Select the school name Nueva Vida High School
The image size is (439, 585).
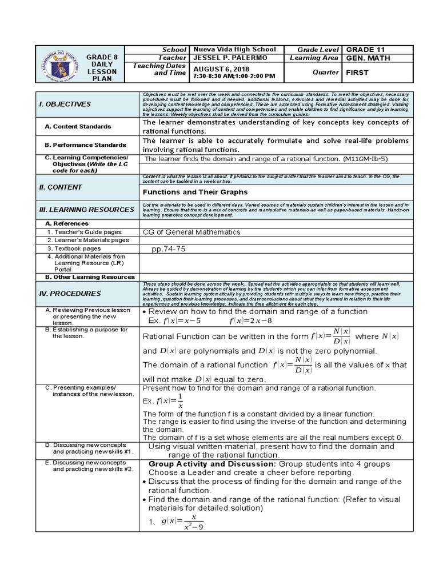pos(235,50)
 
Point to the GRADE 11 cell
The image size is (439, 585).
pos(365,50)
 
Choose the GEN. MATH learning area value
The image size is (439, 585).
pos(366,58)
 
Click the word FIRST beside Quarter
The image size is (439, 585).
pos(358,73)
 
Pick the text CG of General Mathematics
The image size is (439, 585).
pos(191,232)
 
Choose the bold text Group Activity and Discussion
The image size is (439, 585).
pos(212,464)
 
